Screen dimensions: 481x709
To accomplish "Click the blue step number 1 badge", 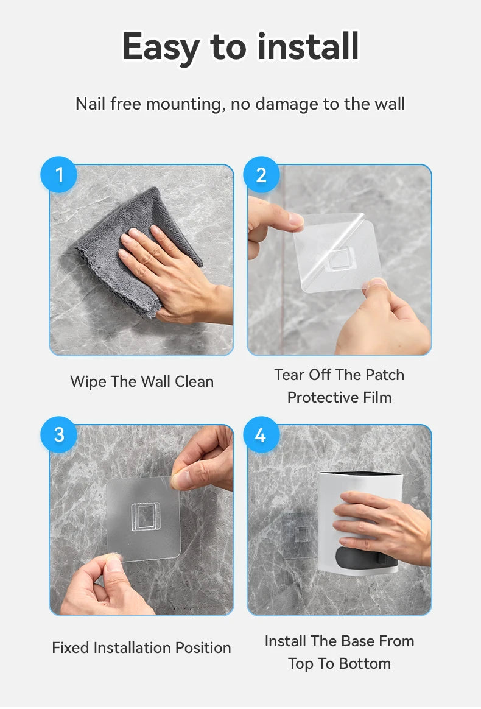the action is (x=59, y=175).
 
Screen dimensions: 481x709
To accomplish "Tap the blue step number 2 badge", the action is (x=261, y=175).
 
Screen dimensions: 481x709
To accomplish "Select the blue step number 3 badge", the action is (x=59, y=434).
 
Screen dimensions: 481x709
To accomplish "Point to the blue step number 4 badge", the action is (x=261, y=434).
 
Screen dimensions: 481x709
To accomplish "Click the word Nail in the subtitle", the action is (x=90, y=104).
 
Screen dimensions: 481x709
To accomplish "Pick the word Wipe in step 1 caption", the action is (x=88, y=382).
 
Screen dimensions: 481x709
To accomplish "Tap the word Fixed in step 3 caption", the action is (x=71, y=647).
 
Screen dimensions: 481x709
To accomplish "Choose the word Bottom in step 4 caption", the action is (x=364, y=664).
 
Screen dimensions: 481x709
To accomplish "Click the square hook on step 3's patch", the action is (x=146, y=517).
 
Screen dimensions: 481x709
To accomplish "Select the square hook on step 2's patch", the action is (x=339, y=259).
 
